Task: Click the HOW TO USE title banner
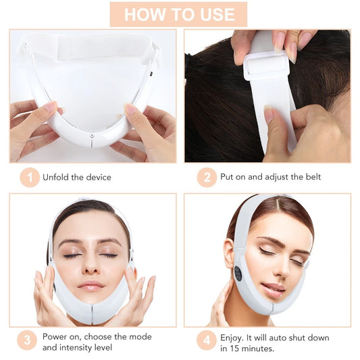[x=179, y=14]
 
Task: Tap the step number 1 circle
[x=29, y=178]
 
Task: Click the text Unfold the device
[x=77, y=178]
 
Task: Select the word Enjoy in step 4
[x=234, y=336]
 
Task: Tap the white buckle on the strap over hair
[x=265, y=67]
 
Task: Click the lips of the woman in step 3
[x=91, y=286]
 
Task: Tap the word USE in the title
[x=213, y=14]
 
